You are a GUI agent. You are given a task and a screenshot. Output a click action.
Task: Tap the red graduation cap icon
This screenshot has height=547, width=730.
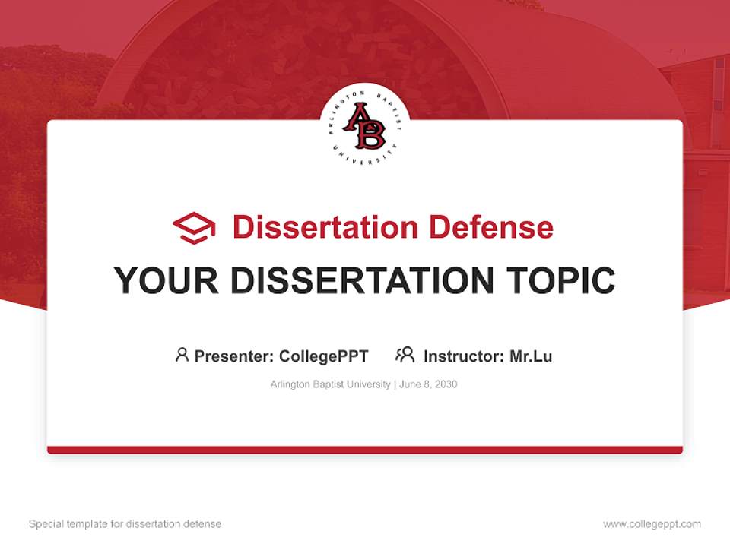194,227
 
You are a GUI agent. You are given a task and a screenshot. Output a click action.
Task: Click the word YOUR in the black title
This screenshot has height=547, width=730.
167,281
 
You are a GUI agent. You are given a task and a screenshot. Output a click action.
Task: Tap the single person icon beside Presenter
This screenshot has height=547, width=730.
182,355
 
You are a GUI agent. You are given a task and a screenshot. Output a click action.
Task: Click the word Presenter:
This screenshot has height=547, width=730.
233,356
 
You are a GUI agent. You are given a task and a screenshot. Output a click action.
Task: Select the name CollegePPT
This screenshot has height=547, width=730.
323,356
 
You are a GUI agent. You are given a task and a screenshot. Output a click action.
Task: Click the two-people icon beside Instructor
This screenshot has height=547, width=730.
405,355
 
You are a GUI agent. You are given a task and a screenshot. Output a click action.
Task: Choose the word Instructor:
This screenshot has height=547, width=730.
463,356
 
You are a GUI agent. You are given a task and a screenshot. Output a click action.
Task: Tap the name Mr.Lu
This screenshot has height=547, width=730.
531,356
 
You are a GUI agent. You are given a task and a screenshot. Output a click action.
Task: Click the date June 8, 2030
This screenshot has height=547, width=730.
428,384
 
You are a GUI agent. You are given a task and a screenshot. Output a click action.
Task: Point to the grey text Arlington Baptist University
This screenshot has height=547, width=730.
329,384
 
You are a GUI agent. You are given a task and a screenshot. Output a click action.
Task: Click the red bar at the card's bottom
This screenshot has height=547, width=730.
365,450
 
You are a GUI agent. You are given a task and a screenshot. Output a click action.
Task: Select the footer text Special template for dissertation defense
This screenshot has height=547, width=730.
125,524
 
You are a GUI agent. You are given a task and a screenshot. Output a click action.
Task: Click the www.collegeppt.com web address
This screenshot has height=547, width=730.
652,524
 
